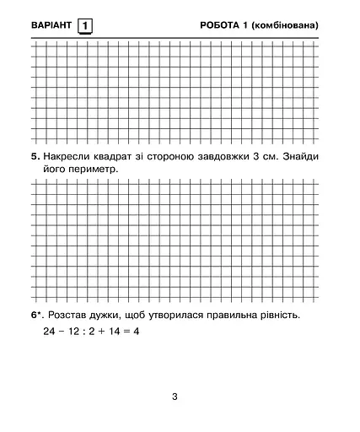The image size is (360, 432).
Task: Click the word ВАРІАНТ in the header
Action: pyautogui.click(x=51, y=25)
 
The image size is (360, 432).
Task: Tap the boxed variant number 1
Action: pyautogui.click(x=85, y=25)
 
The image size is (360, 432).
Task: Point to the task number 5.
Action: pyautogui.click(x=35, y=157)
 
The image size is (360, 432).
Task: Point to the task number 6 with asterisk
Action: pyautogui.click(x=36, y=316)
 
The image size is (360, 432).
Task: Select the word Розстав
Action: pyautogui.click(x=70, y=316)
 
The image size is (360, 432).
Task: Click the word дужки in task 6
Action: pyautogui.click(x=115, y=316)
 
